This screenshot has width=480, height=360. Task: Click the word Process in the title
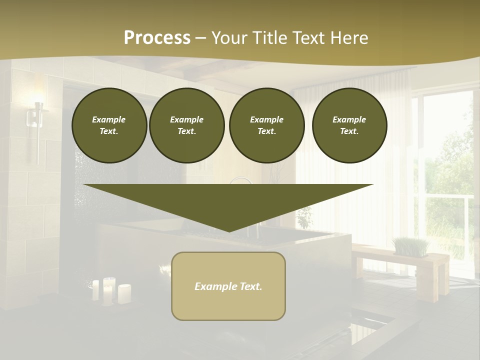click(x=157, y=38)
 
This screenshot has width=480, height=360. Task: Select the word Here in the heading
click(x=349, y=38)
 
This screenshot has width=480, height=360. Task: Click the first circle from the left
click(x=109, y=125)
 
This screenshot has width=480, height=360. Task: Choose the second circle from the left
click(x=186, y=125)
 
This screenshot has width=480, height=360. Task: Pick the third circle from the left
click(x=266, y=125)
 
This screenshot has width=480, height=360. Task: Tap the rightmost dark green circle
click(x=349, y=125)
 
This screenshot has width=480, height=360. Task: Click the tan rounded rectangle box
click(x=228, y=286)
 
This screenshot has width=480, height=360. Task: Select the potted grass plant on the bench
click(x=410, y=246)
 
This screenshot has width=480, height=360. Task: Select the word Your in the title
click(x=228, y=38)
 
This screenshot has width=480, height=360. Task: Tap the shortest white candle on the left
click(x=95, y=290)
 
